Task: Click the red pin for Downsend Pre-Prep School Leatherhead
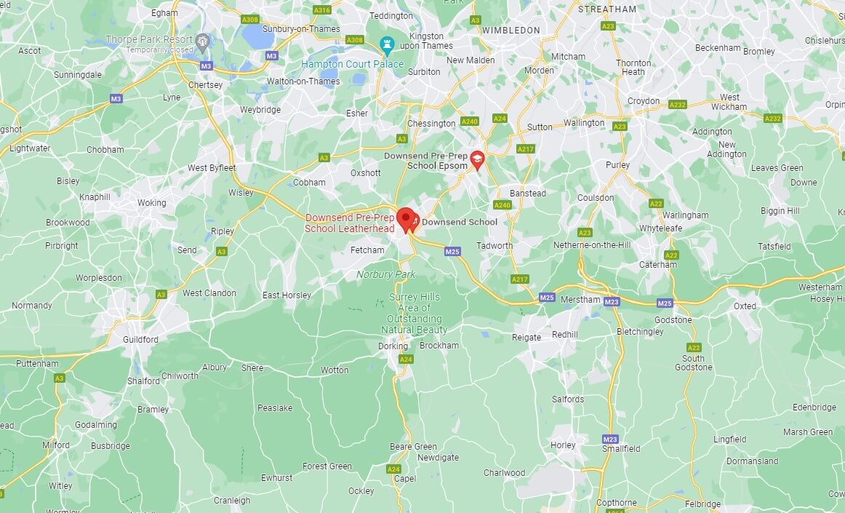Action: click(406, 218)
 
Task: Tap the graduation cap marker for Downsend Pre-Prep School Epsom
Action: click(477, 159)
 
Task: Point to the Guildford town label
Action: click(140, 340)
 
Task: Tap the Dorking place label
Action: click(393, 346)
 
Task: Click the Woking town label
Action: click(152, 203)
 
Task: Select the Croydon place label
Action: click(644, 101)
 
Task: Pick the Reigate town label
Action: click(526, 337)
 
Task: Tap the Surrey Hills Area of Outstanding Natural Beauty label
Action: click(415, 314)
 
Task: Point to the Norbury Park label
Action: click(385, 274)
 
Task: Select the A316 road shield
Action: click(321, 9)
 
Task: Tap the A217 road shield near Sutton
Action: click(525, 148)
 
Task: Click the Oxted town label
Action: click(745, 306)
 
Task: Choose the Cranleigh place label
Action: click(232, 501)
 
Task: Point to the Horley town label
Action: click(563, 445)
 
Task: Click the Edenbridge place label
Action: click(814, 407)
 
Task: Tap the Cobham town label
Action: click(309, 183)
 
